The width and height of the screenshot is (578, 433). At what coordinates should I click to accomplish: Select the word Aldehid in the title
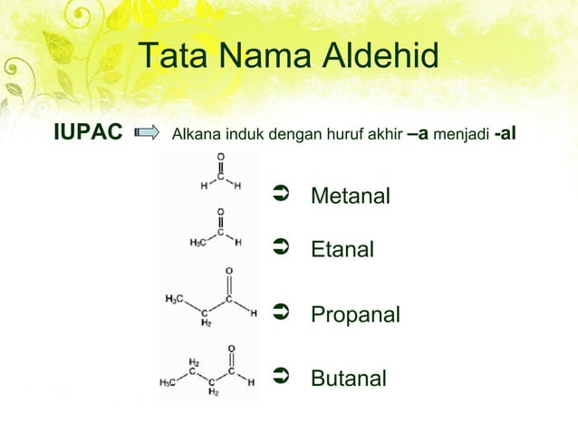pyautogui.click(x=381, y=56)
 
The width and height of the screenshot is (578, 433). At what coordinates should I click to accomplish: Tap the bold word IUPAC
pyautogui.click(x=88, y=134)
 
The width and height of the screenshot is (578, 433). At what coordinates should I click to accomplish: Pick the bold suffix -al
pyautogui.click(x=506, y=134)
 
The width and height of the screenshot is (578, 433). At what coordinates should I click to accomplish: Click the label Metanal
pyautogui.click(x=351, y=196)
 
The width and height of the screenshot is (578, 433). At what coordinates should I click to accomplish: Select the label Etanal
pyautogui.click(x=342, y=249)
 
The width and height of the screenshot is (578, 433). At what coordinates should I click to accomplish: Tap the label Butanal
pyautogui.click(x=349, y=378)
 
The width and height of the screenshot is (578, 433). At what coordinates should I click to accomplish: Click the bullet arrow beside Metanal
pyautogui.click(x=280, y=193)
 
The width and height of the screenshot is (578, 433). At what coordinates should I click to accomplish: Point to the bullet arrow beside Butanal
pyautogui.click(x=280, y=375)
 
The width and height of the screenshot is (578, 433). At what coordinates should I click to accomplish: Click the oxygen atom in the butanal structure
pyautogui.click(x=232, y=349)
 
